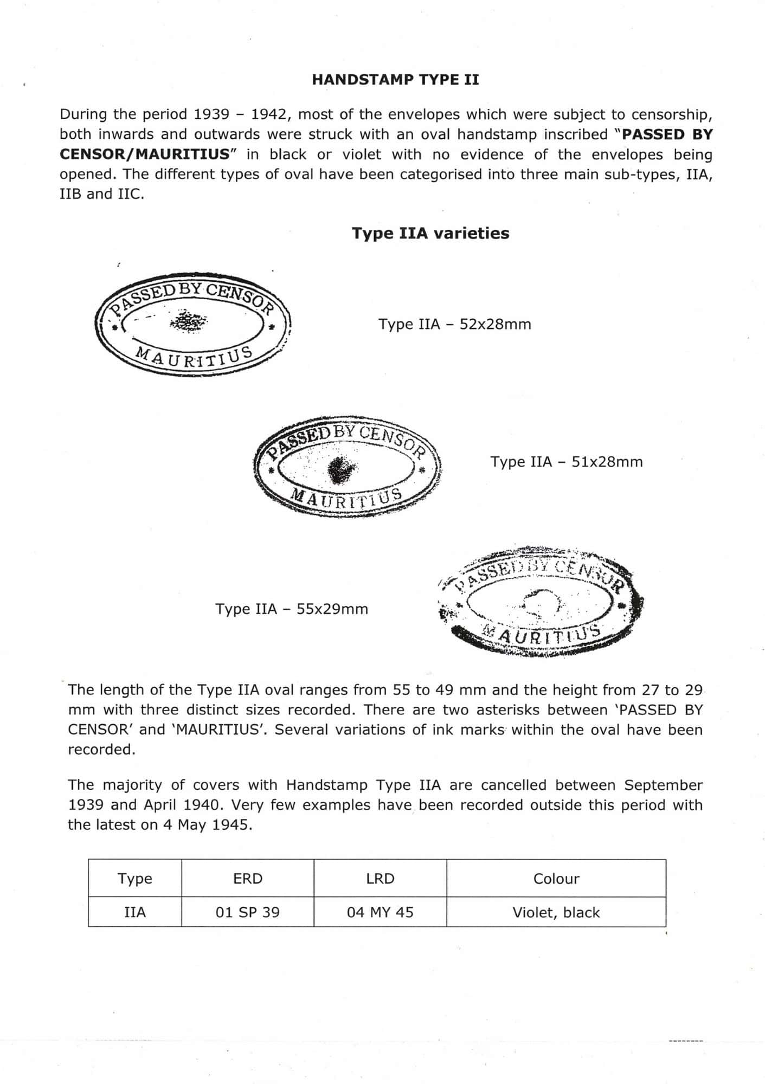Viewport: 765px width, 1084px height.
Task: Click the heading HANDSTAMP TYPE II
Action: [395, 80]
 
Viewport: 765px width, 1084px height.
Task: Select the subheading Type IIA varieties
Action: [430, 234]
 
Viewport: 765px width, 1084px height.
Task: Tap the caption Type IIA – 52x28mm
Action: [454, 325]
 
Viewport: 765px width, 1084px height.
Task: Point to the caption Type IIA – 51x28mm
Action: [567, 462]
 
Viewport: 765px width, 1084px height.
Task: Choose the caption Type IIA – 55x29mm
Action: [292, 609]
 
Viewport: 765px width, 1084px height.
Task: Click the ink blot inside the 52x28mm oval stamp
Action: [188, 321]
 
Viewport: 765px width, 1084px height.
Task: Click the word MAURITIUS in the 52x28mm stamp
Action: [194, 357]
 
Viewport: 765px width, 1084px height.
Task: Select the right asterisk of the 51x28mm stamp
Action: [422, 469]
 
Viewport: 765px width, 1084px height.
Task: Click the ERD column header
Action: [248, 879]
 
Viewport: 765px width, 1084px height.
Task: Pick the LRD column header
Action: [380, 879]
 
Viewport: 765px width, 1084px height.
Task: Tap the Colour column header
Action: [556, 879]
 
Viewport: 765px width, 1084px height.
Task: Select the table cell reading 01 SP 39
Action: [248, 913]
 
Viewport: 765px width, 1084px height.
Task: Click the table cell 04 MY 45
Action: [380, 913]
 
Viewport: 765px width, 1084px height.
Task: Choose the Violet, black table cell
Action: [556, 913]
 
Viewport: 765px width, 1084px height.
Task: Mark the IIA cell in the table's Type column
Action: [135, 913]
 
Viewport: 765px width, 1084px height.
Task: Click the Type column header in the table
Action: [135, 879]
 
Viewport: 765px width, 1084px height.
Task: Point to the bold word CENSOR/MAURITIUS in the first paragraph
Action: [145, 154]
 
